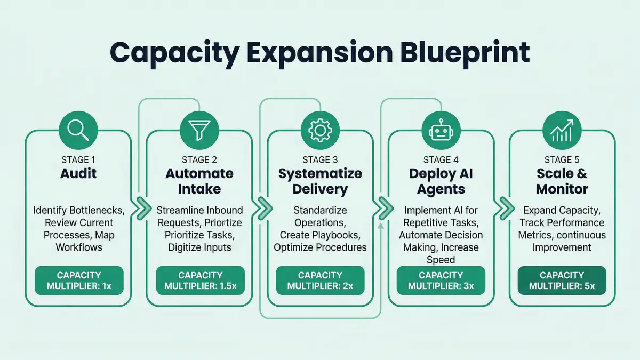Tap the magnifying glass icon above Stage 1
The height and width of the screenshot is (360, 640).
78,129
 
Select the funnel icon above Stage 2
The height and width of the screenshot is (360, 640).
199,129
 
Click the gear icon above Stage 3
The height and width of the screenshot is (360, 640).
319,129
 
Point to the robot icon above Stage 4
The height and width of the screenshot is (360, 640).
441,129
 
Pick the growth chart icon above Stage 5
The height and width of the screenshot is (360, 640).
561,129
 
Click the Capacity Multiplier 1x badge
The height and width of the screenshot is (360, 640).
79,281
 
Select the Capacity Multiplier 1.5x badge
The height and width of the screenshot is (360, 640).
199,281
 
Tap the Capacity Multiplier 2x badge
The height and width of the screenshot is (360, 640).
320,281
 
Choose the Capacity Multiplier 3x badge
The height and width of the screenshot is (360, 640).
441,281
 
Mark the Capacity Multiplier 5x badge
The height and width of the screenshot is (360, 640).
562,281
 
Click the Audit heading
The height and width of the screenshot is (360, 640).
78,174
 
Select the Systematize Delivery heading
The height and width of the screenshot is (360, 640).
320,181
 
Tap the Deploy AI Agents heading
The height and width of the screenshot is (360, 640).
441,181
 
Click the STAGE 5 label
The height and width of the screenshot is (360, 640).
561,159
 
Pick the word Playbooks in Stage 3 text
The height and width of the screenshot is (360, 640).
341,235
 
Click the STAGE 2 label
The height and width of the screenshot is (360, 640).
199,159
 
